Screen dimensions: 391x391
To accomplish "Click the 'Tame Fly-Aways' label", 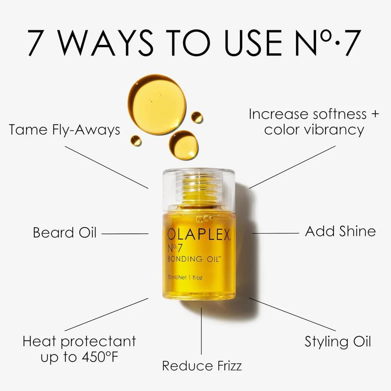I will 65,130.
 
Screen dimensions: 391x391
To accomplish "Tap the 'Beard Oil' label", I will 65,233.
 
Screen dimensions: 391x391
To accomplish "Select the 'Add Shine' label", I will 340,231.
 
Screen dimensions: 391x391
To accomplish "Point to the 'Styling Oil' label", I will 338,341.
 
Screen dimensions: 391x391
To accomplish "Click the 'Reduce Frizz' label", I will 202,366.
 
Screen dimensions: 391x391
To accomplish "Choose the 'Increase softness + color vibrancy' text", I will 314,122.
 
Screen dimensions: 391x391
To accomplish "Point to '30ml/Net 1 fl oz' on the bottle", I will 185,278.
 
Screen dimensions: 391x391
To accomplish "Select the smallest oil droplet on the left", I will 136,141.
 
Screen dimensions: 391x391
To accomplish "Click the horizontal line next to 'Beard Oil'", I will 125,234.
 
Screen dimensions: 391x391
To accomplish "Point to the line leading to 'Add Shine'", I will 275,233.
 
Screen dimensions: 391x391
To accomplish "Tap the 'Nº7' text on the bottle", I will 175,248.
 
